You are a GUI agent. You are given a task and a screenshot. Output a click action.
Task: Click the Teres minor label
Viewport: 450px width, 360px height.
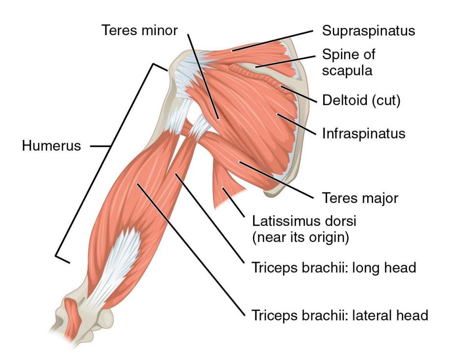(140, 30)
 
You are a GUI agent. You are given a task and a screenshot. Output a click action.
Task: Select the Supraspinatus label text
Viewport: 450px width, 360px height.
(369, 31)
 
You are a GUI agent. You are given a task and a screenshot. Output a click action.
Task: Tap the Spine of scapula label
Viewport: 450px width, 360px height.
(349, 62)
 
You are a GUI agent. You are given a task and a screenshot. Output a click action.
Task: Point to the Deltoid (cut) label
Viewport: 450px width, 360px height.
(361, 100)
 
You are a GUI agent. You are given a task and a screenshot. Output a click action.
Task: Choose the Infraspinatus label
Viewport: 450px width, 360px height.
(364, 134)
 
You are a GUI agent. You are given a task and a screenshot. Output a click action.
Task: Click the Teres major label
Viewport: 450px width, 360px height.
(360, 198)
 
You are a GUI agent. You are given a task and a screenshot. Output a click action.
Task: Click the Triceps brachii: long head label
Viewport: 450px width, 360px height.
(334, 268)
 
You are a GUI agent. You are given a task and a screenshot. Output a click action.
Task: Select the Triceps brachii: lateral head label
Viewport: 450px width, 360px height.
(340, 315)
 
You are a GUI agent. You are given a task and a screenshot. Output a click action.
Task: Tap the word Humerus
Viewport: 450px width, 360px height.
(51, 146)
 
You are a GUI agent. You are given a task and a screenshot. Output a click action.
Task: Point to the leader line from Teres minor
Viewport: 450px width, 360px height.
(203, 77)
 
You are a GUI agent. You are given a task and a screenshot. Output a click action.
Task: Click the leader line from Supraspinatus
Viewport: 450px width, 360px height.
(272, 41)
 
